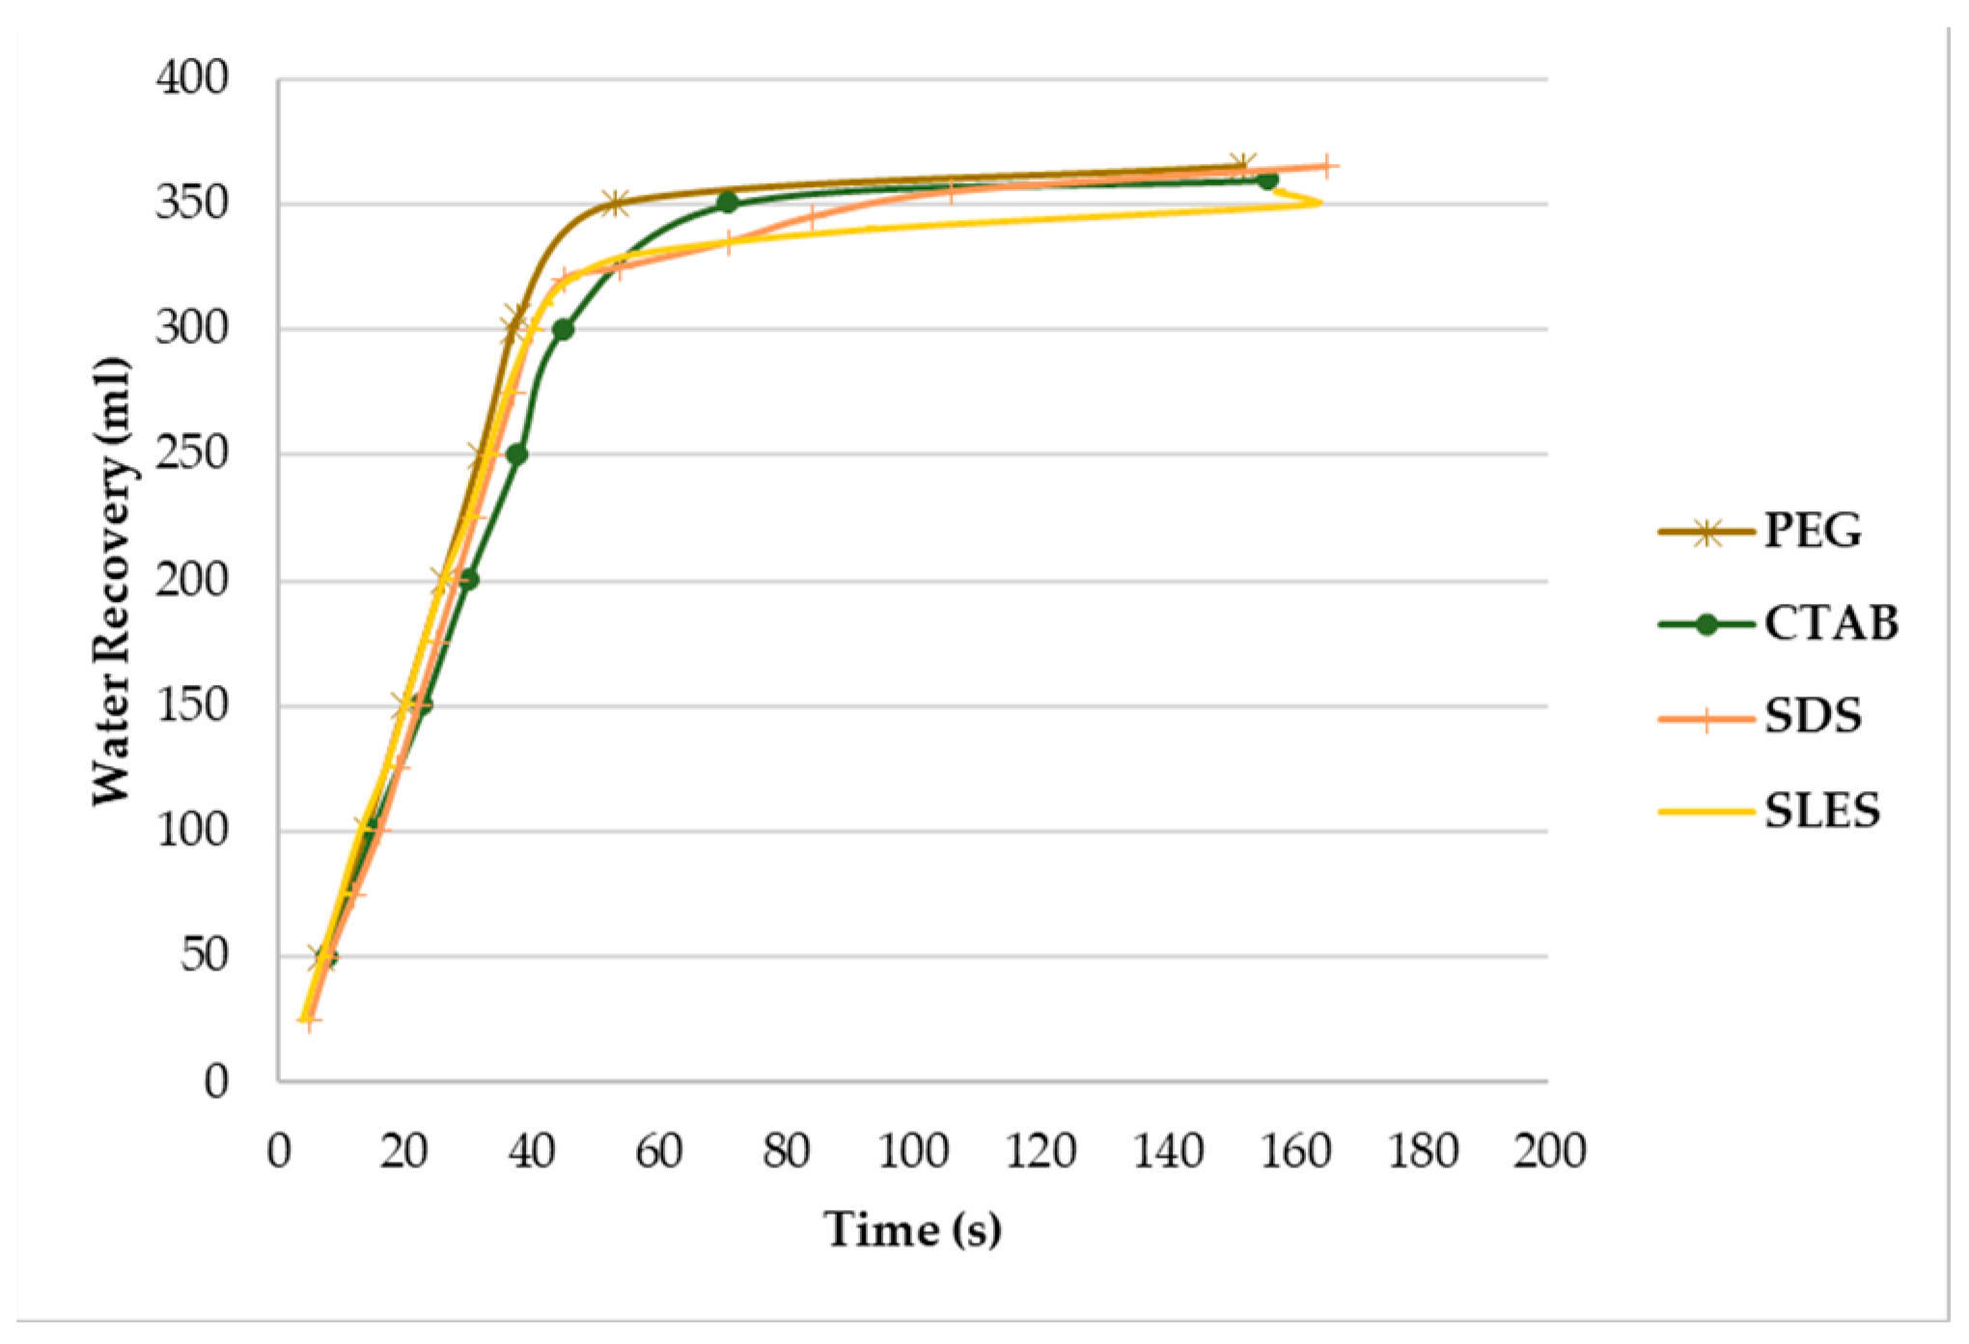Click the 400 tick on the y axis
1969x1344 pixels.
tap(192, 78)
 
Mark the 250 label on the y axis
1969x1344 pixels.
tap(192, 453)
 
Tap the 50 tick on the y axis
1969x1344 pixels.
tap(204, 955)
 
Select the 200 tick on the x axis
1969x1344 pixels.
tap(1549, 1151)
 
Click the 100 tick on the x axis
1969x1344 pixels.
tap(913, 1151)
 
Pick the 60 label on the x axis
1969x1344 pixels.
tap(658, 1151)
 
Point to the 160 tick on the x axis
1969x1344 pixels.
tap(1295, 1151)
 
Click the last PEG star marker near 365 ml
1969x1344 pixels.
tap(1242, 165)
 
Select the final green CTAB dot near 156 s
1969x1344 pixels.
tap(1268, 179)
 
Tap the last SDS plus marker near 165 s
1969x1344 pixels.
tap(1327, 166)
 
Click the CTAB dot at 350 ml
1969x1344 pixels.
tap(728, 203)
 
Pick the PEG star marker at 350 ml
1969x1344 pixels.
tap(616, 204)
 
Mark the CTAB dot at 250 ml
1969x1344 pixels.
tap(517, 454)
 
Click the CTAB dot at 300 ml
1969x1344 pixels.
tap(564, 330)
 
